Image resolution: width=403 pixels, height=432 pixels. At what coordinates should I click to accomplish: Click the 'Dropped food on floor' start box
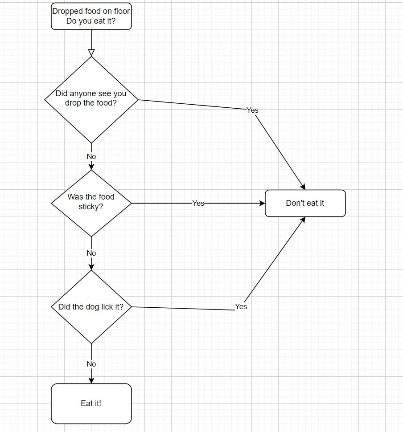(x=91, y=16)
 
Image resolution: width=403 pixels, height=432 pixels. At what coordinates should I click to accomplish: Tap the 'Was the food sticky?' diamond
(x=91, y=203)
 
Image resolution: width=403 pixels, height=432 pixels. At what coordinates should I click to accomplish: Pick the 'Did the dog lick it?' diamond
(x=91, y=307)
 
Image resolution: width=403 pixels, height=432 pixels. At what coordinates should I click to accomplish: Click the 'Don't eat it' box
(x=305, y=203)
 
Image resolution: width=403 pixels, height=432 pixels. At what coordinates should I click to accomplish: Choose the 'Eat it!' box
(x=91, y=403)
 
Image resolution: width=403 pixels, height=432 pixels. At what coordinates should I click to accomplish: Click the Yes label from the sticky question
(x=198, y=203)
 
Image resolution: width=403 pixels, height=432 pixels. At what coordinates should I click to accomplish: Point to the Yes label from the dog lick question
(x=241, y=306)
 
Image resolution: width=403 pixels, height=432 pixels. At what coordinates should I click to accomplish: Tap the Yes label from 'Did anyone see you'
(x=252, y=110)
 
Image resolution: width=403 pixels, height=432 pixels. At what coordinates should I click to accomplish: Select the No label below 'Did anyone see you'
(x=91, y=156)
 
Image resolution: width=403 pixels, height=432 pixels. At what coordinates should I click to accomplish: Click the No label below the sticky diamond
(x=91, y=253)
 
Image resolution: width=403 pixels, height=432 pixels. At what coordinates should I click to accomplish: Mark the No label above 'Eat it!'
(x=91, y=364)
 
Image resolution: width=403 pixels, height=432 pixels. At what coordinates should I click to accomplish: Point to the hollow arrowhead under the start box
(x=91, y=53)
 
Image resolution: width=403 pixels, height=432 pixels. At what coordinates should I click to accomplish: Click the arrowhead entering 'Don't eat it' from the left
(x=262, y=203)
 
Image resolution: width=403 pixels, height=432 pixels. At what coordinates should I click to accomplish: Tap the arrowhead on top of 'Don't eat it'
(x=303, y=187)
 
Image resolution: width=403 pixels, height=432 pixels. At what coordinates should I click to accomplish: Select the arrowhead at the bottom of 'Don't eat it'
(x=303, y=220)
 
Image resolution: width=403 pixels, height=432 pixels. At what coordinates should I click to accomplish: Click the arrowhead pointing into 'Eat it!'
(x=91, y=380)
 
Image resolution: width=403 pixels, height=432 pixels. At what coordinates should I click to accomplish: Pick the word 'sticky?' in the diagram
(x=91, y=207)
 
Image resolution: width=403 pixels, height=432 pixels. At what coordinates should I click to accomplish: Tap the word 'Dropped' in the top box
(x=65, y=11)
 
